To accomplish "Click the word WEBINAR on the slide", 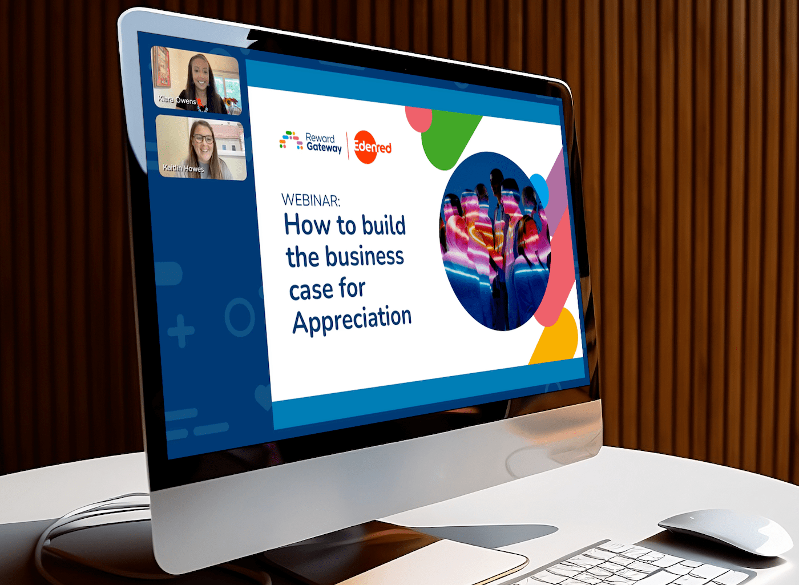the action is click(310, 200).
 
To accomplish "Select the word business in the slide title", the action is click(364, 256).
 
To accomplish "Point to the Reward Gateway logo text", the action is click(324, 143).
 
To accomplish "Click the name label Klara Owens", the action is click(177, 100).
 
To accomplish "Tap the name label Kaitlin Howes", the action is click(183, 168).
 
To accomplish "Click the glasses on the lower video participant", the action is click(204, 138).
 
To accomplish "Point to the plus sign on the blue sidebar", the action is click(181, 331).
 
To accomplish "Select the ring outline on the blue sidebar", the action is click(240, 317).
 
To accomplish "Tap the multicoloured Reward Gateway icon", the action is click(291, 140).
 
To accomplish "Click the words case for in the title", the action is click(327, 288).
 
